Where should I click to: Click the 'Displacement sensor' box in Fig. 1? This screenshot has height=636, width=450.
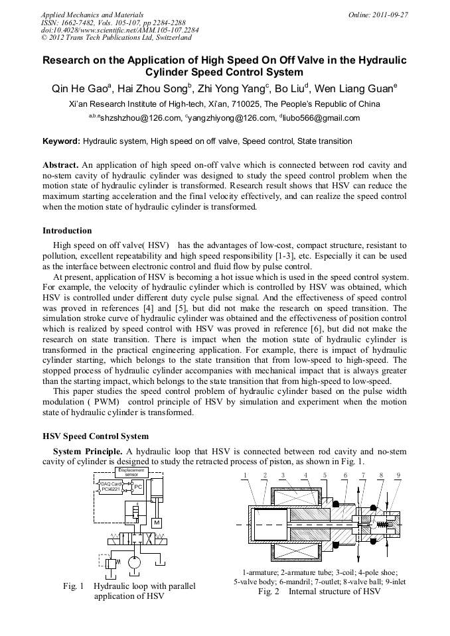click(131, 472)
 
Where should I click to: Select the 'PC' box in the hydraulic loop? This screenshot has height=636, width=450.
click(137, 487)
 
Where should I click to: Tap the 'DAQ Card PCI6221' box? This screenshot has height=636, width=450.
click(111, 487)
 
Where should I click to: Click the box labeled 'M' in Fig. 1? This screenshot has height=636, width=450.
click(157, 522)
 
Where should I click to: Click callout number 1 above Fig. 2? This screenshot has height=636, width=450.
click(245, 475)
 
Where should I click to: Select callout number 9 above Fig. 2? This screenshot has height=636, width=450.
click(398, 475)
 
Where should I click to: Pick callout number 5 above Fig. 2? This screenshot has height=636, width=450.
click(325, 475)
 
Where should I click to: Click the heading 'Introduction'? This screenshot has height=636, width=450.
click(67, 231)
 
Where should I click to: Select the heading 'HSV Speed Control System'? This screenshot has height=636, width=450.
click(96, 436)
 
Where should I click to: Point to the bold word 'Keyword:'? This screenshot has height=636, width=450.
click(61, 141)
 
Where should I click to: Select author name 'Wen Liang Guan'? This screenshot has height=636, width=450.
click(357, 88)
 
